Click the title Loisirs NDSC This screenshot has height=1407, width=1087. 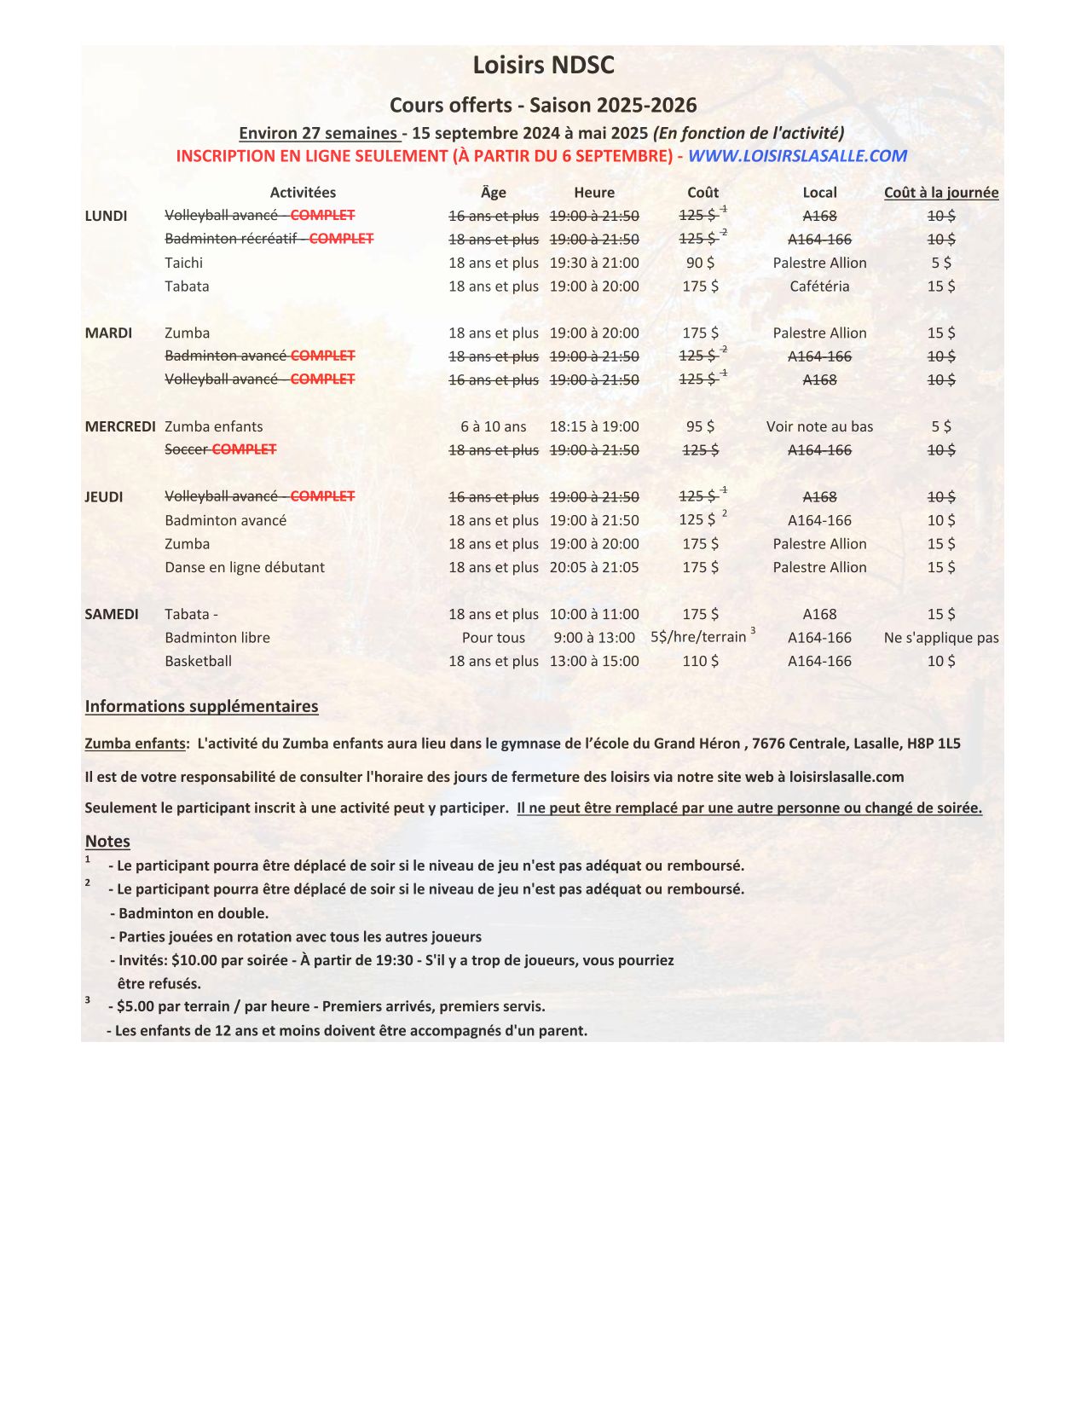(x=543, y=66)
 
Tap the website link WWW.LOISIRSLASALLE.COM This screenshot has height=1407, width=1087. (x=797, y=156)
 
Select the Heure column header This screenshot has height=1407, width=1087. (x=593, y=193)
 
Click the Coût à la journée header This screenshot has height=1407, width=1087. (x=940, y=193)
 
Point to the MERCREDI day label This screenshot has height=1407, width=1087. (x=120, y=426)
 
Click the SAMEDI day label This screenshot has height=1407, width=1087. (x=112, y=614)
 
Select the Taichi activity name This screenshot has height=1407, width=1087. (x=184, y=263)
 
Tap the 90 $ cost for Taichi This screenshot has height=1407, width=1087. (x=700, y=263)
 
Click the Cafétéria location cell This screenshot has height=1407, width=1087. (x=819, y=287)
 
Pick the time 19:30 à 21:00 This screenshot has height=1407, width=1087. (x=593, y=263)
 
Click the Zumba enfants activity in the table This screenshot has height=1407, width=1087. (x=214, y=426)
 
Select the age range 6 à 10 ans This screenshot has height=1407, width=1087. (x=494, y=426)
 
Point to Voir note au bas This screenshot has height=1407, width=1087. (x=819, y=426)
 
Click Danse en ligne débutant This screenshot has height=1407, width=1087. (x=245, y=567)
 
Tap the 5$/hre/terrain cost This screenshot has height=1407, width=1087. (x=698, y=637)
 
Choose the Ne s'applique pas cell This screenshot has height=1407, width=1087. (x=941, y=637)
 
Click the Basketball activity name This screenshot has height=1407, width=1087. (x=199, y=661)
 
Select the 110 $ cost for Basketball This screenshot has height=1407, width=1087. (x=700, y=661)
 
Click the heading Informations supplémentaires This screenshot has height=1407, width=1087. (x=201, y=706)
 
